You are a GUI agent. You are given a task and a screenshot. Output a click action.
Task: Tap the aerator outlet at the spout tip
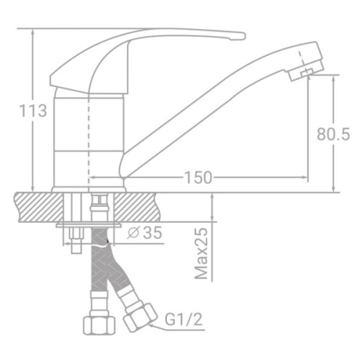(304, 72)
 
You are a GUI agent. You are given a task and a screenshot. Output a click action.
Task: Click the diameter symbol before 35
(133, 233)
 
